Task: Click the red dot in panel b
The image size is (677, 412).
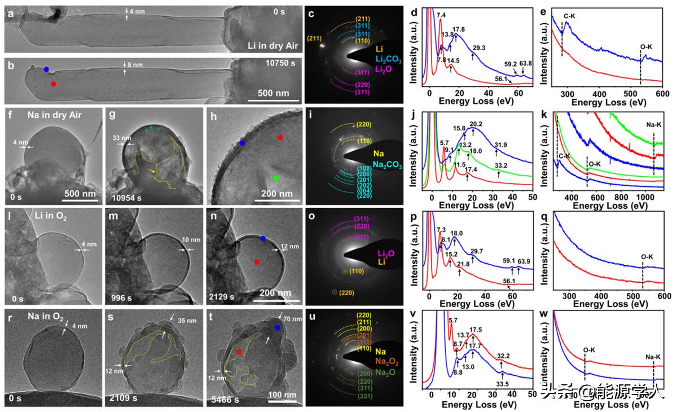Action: (54, 84)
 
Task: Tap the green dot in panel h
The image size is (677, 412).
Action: (275, 178)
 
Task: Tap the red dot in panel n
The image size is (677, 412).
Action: (257, 262)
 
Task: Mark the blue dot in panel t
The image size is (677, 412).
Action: (277, 328)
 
